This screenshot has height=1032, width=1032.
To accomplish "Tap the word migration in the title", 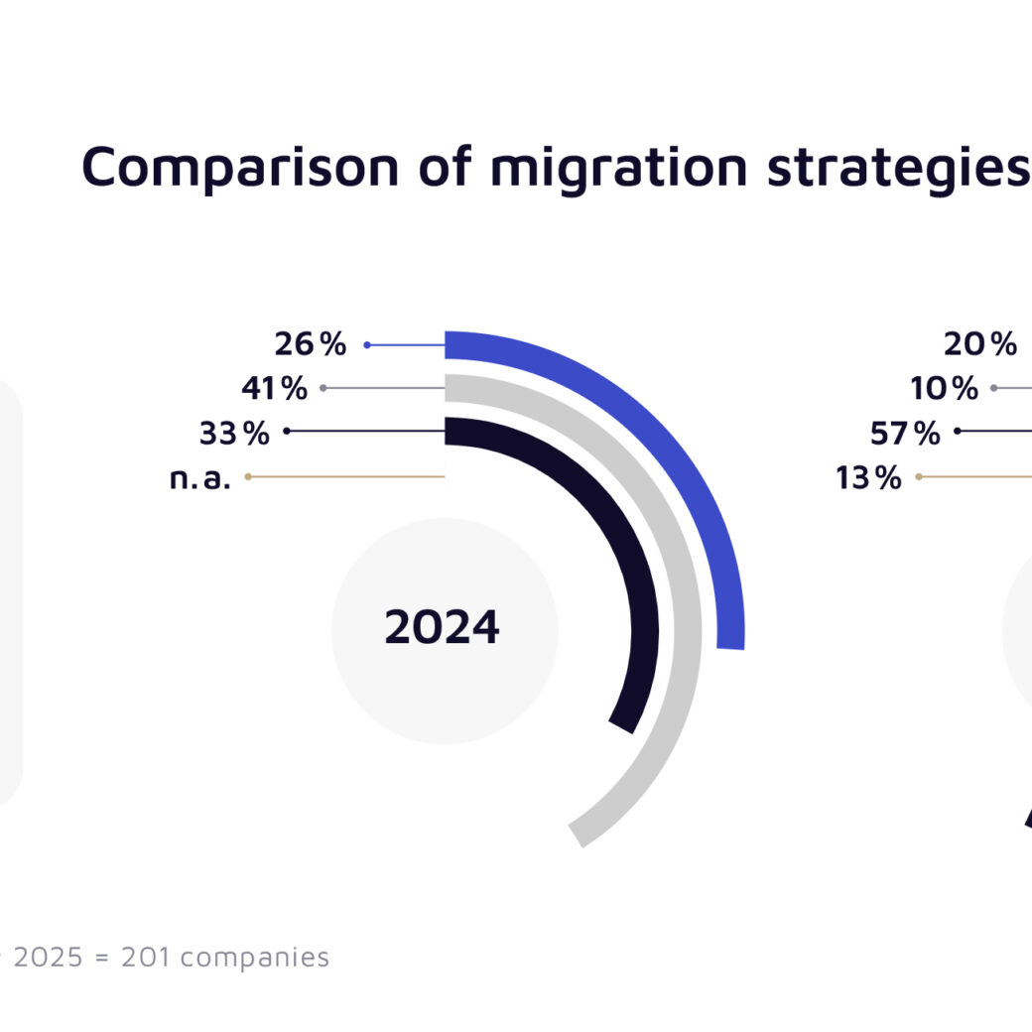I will [619, 167].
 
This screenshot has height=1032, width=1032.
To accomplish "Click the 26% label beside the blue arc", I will [311, 344].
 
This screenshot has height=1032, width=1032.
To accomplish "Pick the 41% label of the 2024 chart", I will [274, 388].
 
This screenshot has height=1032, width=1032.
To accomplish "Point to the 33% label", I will [233, 434].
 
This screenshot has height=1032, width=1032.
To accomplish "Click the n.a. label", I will [199, 478].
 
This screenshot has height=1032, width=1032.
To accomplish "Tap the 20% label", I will [980, 344].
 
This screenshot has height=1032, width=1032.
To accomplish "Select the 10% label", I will [944, 388].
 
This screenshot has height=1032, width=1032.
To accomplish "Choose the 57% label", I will [905, 434].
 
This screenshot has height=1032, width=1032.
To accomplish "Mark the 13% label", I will [868, 478].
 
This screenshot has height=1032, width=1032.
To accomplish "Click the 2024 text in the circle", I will [443, 628].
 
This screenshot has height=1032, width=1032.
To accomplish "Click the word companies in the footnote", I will [255, 957].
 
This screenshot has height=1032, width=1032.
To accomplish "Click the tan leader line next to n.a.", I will [346, 477].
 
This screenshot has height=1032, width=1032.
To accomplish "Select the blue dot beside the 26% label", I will [367, 345].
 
